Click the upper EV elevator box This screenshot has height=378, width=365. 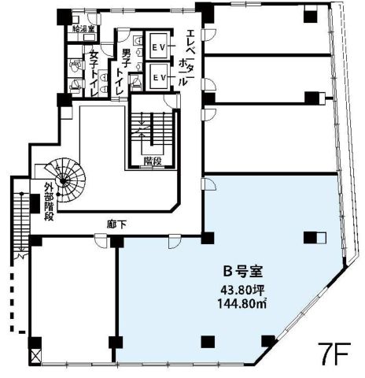coord(157,48)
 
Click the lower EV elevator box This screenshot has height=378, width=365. coord(157,77)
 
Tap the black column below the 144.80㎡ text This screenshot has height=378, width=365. coord(208,341)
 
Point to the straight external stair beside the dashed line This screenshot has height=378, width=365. coord(22,224)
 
